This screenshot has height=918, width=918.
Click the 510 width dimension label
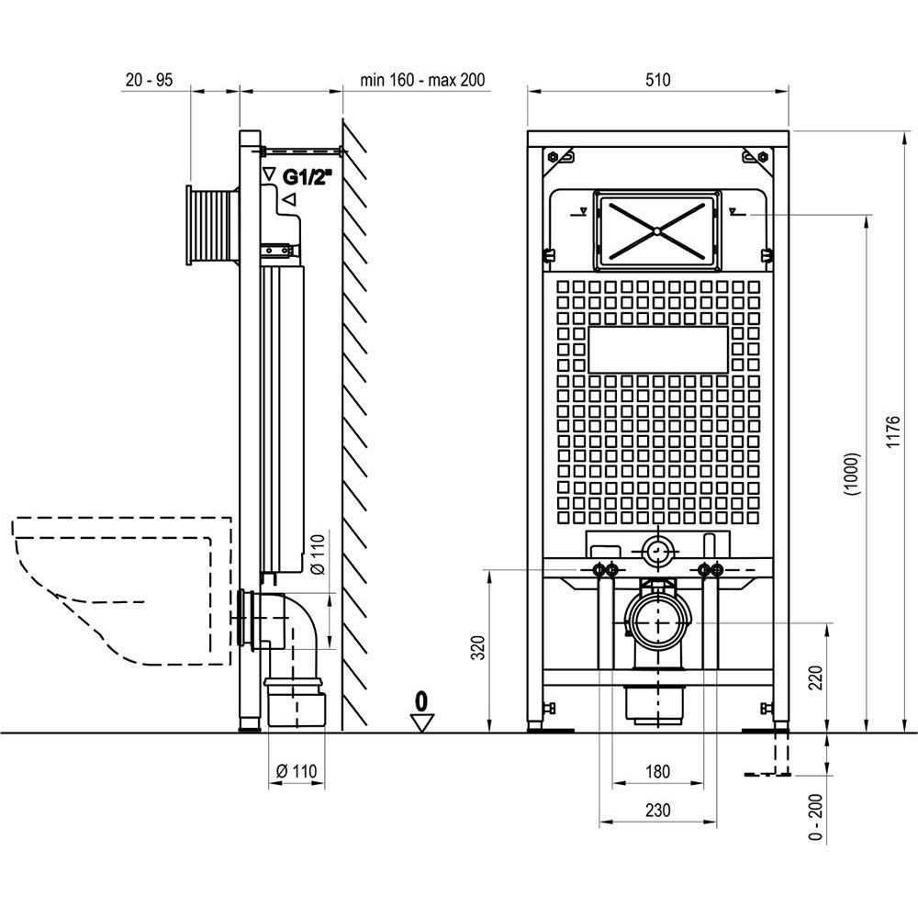(x=657, y=80)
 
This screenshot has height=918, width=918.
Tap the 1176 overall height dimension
(x=892, y=432)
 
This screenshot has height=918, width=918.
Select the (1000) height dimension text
(x=853, y=475)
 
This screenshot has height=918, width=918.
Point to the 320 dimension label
(x=479, y=647)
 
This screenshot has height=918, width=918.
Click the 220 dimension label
(x=815, y=677)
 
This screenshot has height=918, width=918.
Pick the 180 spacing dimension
(x=657, y=771)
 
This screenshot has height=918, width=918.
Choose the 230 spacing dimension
(x=657, y=811)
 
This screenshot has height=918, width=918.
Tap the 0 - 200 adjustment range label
(x=815, y=817)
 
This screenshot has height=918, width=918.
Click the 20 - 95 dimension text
(x=150, y=80)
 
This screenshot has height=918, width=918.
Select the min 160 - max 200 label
(x=422, y=80)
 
